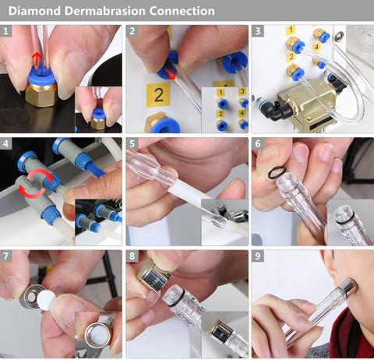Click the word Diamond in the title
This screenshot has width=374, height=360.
(35, 11)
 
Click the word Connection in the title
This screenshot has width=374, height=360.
(182, 11)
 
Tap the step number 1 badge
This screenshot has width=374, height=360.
(5, 31)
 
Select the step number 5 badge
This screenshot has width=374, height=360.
(132, 143)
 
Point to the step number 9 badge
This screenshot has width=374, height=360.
(258, 256)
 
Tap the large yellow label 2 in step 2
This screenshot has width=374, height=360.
(158, 95)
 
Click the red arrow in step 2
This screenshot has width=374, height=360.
(170, 73)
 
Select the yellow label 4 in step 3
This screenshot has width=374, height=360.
(316, 47)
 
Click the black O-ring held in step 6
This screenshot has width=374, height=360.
(277, 173)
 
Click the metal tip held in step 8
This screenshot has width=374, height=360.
(153, 276)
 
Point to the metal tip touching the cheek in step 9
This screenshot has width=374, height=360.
(348, 288)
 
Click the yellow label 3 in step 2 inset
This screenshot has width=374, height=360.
(242, 91)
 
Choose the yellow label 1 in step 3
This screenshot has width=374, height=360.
(291, 30)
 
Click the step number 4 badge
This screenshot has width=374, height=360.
(5, 143)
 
